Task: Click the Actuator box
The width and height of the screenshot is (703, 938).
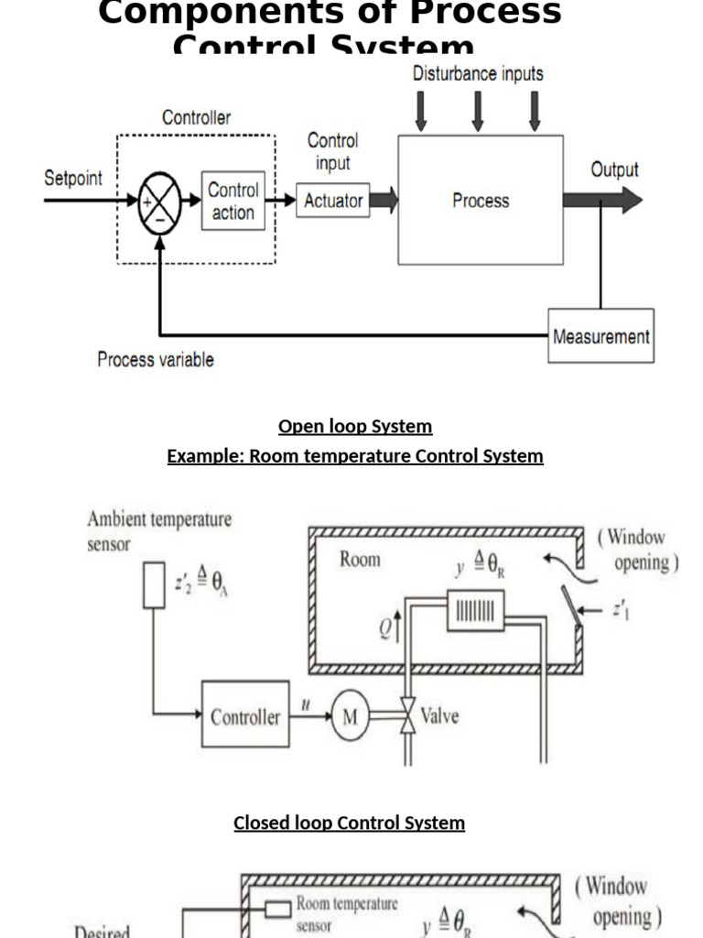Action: click(x=333, y=201)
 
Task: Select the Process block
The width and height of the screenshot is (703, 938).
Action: click(x=480, y=200)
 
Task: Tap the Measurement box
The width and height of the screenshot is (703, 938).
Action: click(x=600, y=336)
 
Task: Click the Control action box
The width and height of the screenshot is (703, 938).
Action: click(x=233, y=202)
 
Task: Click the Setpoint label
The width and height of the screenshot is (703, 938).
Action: click(x=73, y=178)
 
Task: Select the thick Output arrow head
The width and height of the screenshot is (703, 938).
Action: click(x=632, y=200)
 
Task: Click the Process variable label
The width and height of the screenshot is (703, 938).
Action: click(x=156, y=360)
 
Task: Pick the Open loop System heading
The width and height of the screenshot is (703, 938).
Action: click(x=355, y=426)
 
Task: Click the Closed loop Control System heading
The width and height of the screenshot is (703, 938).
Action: click(x=349, y=823)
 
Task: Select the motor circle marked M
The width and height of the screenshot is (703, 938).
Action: click(x=350, y=717)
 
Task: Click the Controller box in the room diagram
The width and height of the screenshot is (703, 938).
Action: click(x=245, y=716)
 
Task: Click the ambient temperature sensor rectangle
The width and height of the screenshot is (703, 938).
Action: click(x=154, y=585)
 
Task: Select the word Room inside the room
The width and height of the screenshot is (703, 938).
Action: click(x=360, y=559)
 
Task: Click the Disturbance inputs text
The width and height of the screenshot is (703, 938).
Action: click(x=477, y=73)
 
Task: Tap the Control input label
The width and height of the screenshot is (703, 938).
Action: click(x=332, y=152)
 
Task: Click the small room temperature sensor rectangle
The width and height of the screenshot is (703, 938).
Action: click(x=279, y=908)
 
